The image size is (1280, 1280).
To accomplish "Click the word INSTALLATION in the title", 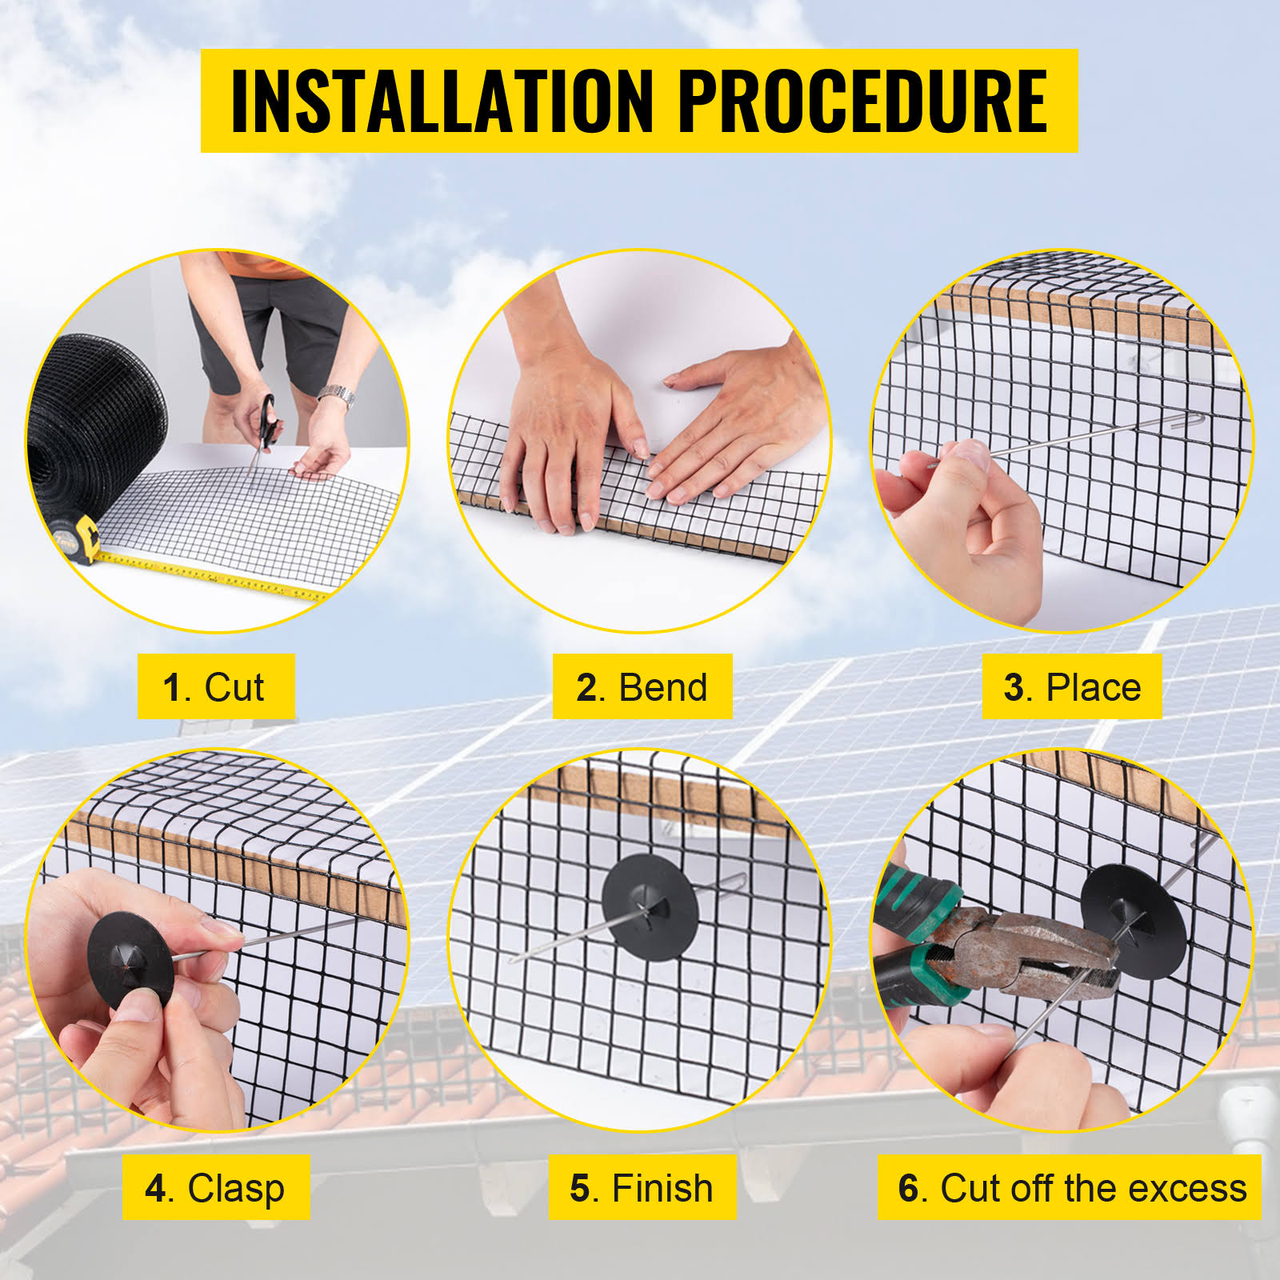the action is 442,101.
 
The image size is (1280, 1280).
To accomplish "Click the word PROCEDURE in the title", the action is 862,101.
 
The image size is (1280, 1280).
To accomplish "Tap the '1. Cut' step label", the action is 214,687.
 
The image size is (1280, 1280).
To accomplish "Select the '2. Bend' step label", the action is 642,687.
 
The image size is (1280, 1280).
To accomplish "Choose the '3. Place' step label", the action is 1072,687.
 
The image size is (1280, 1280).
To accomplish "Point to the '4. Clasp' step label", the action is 215,1188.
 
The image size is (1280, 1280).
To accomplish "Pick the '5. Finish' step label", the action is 642,1188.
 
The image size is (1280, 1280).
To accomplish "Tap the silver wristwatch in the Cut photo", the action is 337,395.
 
